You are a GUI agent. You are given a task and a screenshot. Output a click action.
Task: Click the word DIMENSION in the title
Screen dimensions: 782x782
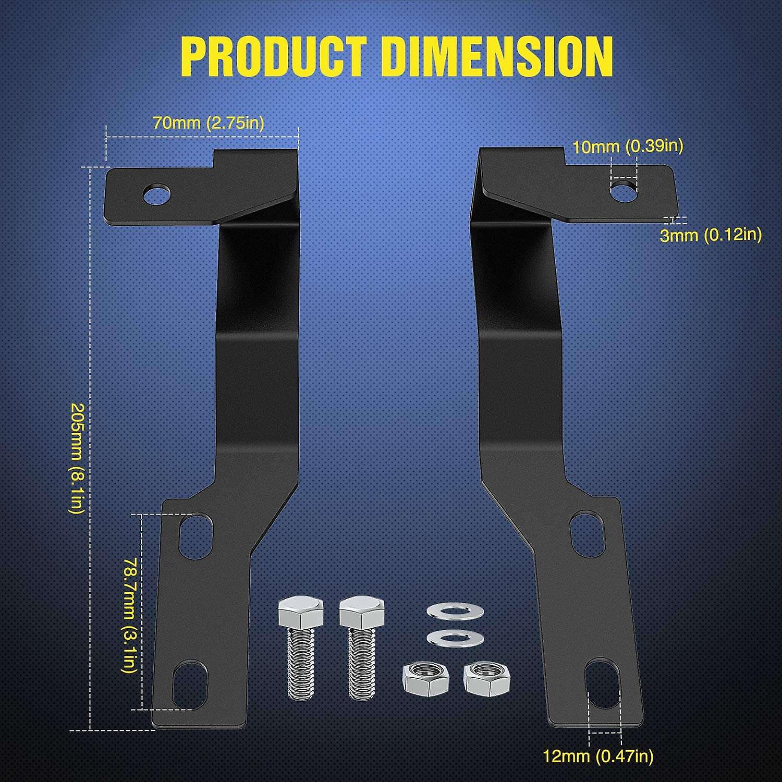pos(497,57)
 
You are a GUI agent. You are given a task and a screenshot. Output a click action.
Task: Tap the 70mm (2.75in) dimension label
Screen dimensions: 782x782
pos(208,123)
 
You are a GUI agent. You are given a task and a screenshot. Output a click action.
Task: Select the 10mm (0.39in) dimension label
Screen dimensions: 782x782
pos(628,146)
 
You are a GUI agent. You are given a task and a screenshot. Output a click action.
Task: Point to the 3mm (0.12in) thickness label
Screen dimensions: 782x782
pos(711,235)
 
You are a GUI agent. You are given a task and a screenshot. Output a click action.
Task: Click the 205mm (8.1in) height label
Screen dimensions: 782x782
pos(77,458)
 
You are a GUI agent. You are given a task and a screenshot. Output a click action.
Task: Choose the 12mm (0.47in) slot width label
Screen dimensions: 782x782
pos(598,756)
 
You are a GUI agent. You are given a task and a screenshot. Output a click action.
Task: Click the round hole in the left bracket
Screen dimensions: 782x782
pos(157,195)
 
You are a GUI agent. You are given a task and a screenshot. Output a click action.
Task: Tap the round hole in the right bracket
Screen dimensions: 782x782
pos(624,191)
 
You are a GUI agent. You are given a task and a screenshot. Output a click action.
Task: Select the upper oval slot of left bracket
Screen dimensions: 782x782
pos(195,536)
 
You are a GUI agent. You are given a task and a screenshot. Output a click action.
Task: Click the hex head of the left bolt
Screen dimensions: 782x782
pos(300,613)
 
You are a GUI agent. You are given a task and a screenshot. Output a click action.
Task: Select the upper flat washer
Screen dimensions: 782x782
pos(455,611)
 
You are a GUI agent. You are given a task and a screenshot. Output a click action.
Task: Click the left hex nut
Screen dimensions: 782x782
pos(426,679)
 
